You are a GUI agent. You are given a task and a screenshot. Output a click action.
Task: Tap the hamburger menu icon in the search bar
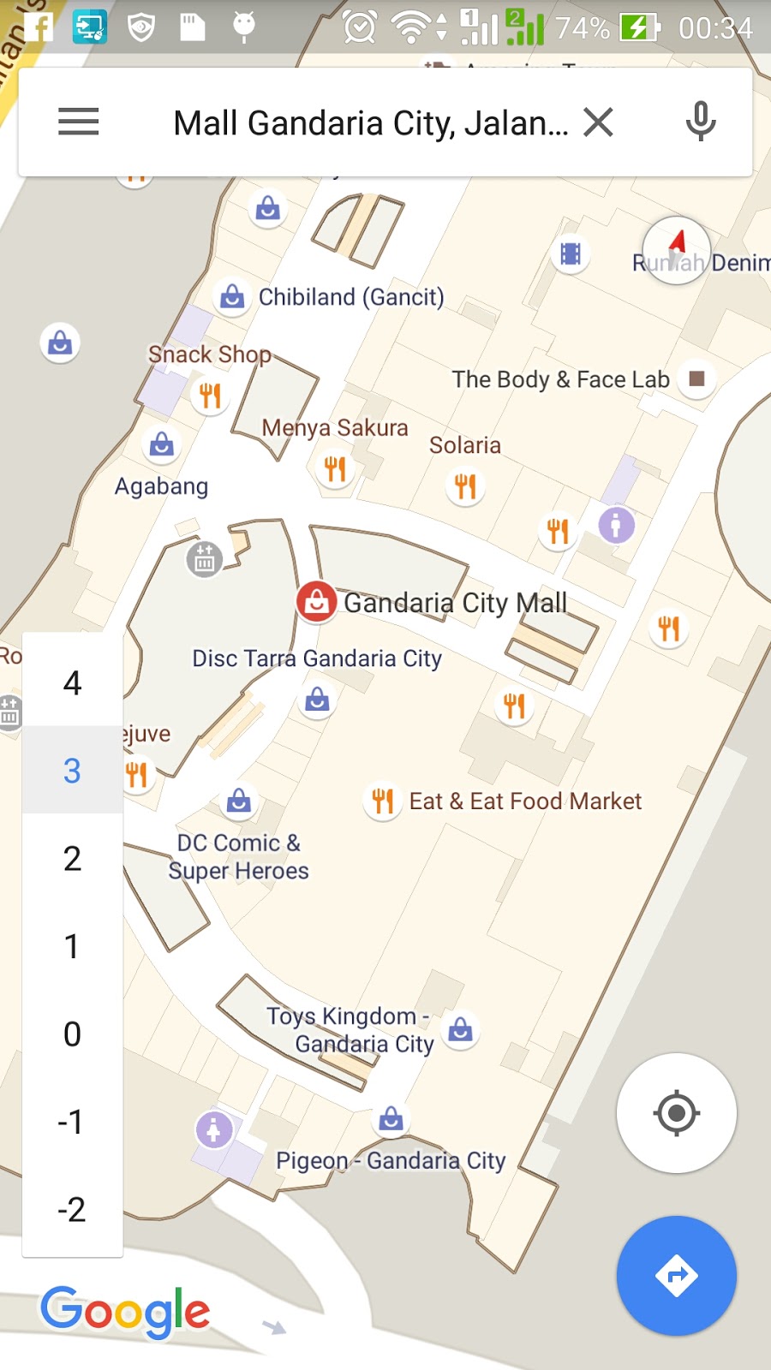(x=79, y=122)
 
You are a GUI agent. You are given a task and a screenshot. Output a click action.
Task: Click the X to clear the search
(x=598, y=122)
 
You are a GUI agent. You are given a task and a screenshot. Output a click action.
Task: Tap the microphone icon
(x=700, y=122)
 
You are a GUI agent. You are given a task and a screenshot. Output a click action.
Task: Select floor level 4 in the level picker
(x=72, y=683)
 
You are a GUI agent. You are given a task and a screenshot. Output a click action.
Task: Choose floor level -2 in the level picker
(x=72, y=1210)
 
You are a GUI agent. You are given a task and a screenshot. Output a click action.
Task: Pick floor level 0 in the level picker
(x=72, y=1034)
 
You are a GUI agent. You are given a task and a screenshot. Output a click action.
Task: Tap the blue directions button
(x=676, y=1276)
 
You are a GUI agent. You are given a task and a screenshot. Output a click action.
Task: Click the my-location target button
(x=676, y=1113)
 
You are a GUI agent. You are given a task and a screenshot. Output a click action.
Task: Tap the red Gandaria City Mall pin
(x=316, y=602)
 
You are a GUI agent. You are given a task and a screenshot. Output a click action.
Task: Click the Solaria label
(x=464, y=445)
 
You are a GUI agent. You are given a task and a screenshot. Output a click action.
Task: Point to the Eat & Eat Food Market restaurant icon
(x=382, y=801)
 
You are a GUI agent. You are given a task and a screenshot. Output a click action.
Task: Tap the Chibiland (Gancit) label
(x=351, y=297)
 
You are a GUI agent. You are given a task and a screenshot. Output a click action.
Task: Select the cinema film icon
(x=571, y=254)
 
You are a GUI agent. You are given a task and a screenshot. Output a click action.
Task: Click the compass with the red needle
(x=677, y=250)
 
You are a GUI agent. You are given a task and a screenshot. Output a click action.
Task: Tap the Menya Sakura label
(x=335, y=428)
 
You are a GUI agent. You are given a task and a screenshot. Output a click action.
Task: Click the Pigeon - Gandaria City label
(x=391, y=1161)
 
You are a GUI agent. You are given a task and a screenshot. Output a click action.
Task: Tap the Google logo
(x=125, y=1311)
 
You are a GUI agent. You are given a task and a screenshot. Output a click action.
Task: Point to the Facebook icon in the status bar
(x=38, y=27)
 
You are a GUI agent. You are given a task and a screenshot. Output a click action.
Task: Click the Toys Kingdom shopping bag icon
(x=460, y=1029)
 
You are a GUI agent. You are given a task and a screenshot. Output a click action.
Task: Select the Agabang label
(x=162, y=486)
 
